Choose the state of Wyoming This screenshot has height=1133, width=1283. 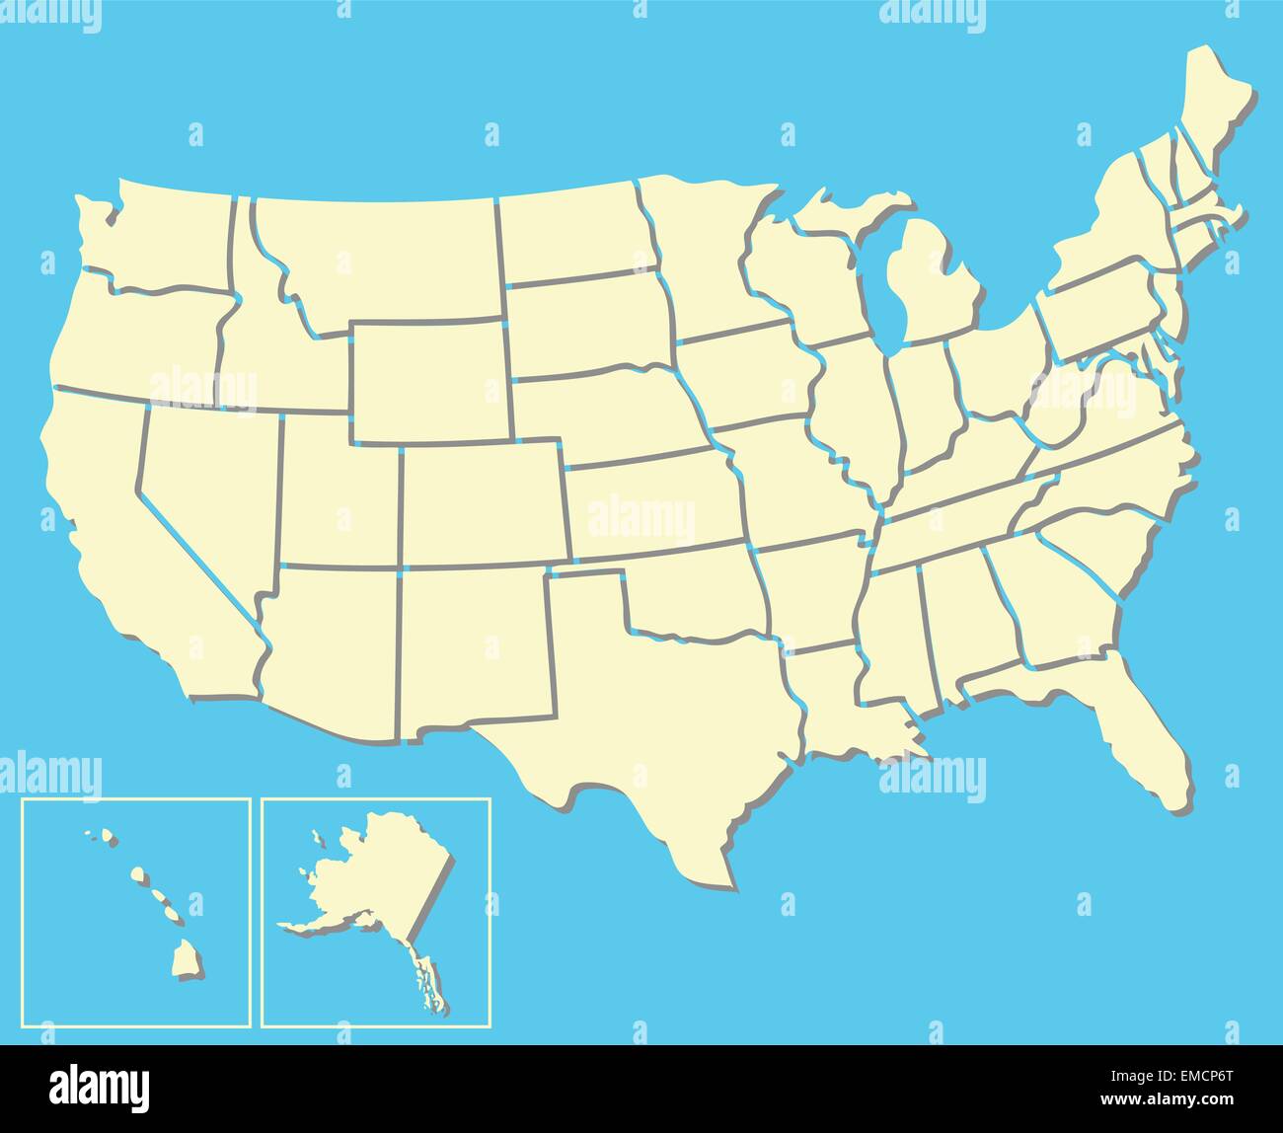[429, 380]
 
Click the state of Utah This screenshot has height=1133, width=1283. [340, 493]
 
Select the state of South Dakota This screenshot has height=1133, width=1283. [587, 326]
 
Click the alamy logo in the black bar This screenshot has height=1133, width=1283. [100, 1087]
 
